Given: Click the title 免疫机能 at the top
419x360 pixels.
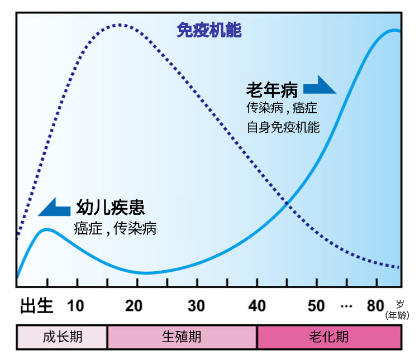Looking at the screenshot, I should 209,30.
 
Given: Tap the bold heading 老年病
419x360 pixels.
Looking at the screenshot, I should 272,89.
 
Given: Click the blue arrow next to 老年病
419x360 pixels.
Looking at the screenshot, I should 318,85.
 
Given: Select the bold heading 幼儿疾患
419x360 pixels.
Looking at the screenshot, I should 111,208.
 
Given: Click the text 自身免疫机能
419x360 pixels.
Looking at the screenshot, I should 283,127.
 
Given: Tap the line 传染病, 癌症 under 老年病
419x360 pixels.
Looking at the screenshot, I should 282,108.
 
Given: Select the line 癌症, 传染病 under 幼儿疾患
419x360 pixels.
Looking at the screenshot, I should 115,228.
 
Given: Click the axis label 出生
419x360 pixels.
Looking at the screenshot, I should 36,306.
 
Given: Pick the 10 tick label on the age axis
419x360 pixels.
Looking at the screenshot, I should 76,306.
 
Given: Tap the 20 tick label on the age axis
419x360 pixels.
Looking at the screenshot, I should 134,306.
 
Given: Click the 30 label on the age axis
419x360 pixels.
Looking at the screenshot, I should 196,306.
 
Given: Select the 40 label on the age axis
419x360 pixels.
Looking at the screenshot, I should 257,306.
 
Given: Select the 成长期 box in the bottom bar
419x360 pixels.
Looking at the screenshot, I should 62,337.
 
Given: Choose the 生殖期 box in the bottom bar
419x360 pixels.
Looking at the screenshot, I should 182,337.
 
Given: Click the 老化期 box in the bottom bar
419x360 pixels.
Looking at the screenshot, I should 328,337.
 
